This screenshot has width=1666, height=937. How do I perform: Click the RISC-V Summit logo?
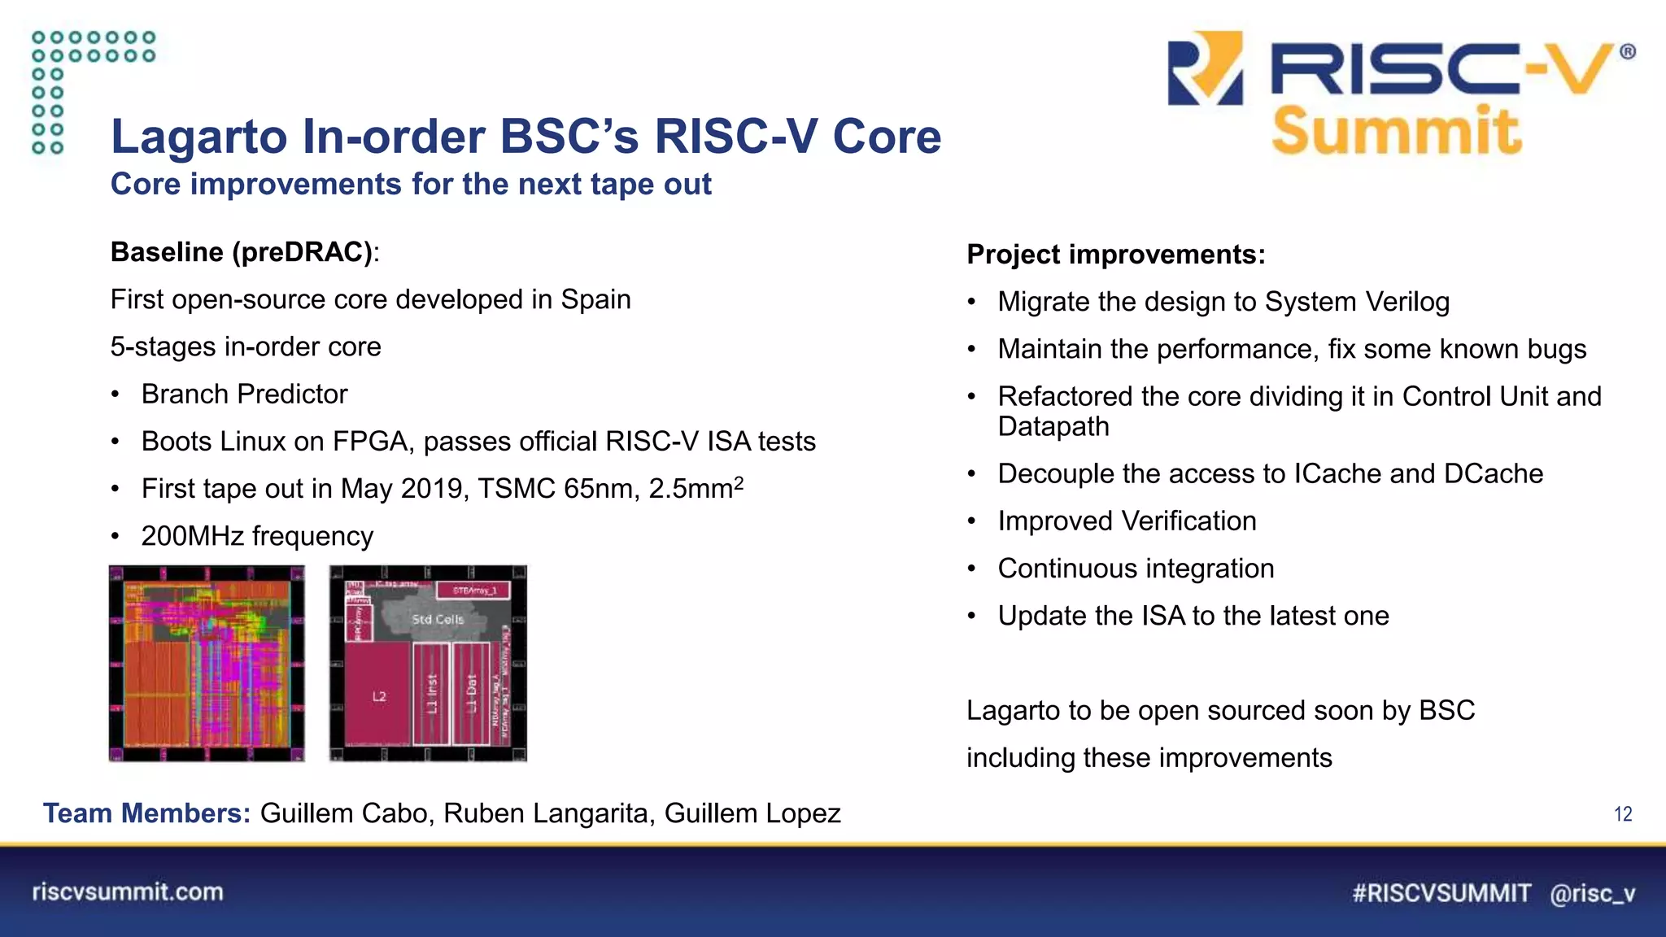1399,94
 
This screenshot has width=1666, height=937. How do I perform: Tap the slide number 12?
1622,814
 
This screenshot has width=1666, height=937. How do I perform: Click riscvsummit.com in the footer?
128,891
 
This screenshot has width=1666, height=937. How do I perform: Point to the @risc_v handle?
1592,893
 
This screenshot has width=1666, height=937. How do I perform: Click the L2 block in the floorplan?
379,695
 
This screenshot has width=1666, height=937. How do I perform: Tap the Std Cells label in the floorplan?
438,619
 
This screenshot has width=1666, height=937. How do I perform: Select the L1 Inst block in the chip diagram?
432,694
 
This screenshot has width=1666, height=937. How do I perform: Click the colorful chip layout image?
207,664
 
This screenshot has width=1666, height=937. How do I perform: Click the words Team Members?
146,813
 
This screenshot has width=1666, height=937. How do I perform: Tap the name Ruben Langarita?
545,813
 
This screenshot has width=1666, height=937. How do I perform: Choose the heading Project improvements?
1115,255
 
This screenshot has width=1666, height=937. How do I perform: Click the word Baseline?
167,252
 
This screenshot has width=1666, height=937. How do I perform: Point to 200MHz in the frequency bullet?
192,537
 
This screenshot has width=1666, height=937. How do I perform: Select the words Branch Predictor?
244,394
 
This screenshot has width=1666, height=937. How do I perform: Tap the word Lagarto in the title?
198,136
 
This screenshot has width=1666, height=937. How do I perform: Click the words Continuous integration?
1136,569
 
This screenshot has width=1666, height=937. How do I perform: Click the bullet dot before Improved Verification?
971,521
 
